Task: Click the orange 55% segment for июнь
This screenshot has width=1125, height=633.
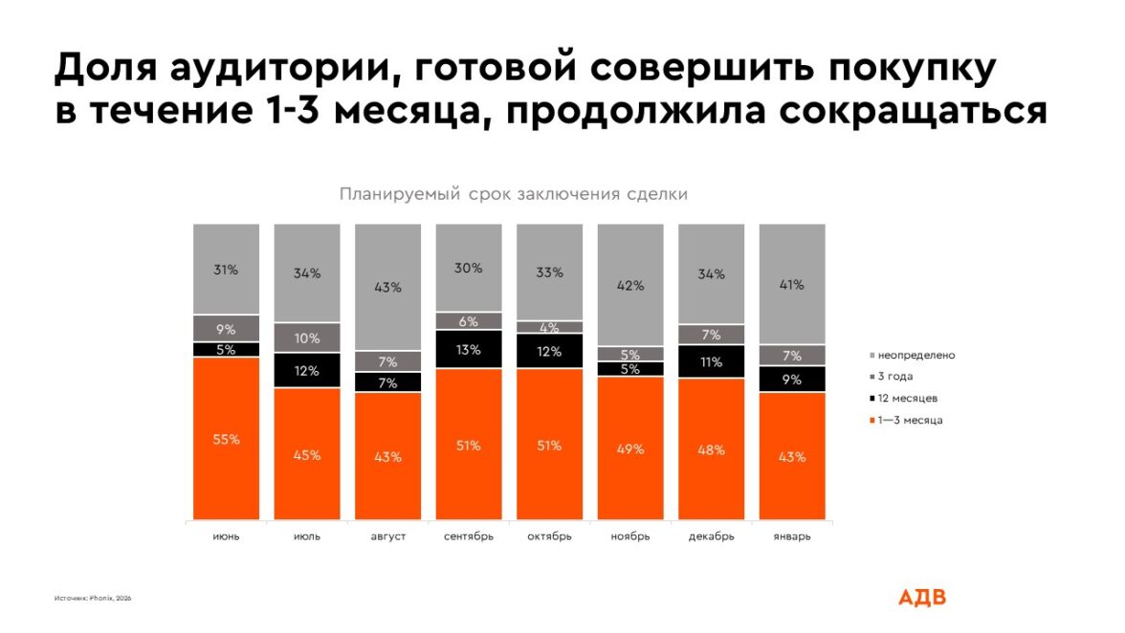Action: [x=226, y=439]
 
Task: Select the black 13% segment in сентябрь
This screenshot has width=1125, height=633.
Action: [x=469, y=349]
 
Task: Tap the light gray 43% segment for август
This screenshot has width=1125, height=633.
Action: [x=387, y=287]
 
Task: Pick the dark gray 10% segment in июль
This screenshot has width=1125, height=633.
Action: [x=307, y=338]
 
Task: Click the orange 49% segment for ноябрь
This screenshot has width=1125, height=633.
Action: [x=630, y=448]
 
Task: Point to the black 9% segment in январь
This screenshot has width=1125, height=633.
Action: [x=792, y=379]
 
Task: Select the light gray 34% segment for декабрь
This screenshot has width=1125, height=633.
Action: [x=711, y=273]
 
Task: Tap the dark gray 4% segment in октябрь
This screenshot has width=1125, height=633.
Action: [x=549, y=327]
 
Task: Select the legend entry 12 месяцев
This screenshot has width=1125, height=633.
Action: [x=909, y=398]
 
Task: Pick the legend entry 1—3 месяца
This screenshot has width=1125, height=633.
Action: [x=910, y=420]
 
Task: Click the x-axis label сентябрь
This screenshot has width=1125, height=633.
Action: [x=469, y=536]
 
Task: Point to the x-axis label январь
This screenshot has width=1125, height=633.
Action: [x=792, y=536]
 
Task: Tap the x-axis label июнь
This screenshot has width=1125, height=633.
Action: [x=226, y=536]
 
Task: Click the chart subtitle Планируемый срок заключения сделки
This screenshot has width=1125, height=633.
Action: [x=513, y=194]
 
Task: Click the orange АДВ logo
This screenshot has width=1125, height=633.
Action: [x=921, y=597]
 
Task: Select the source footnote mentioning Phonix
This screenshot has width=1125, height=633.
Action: [x=93, y=599]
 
